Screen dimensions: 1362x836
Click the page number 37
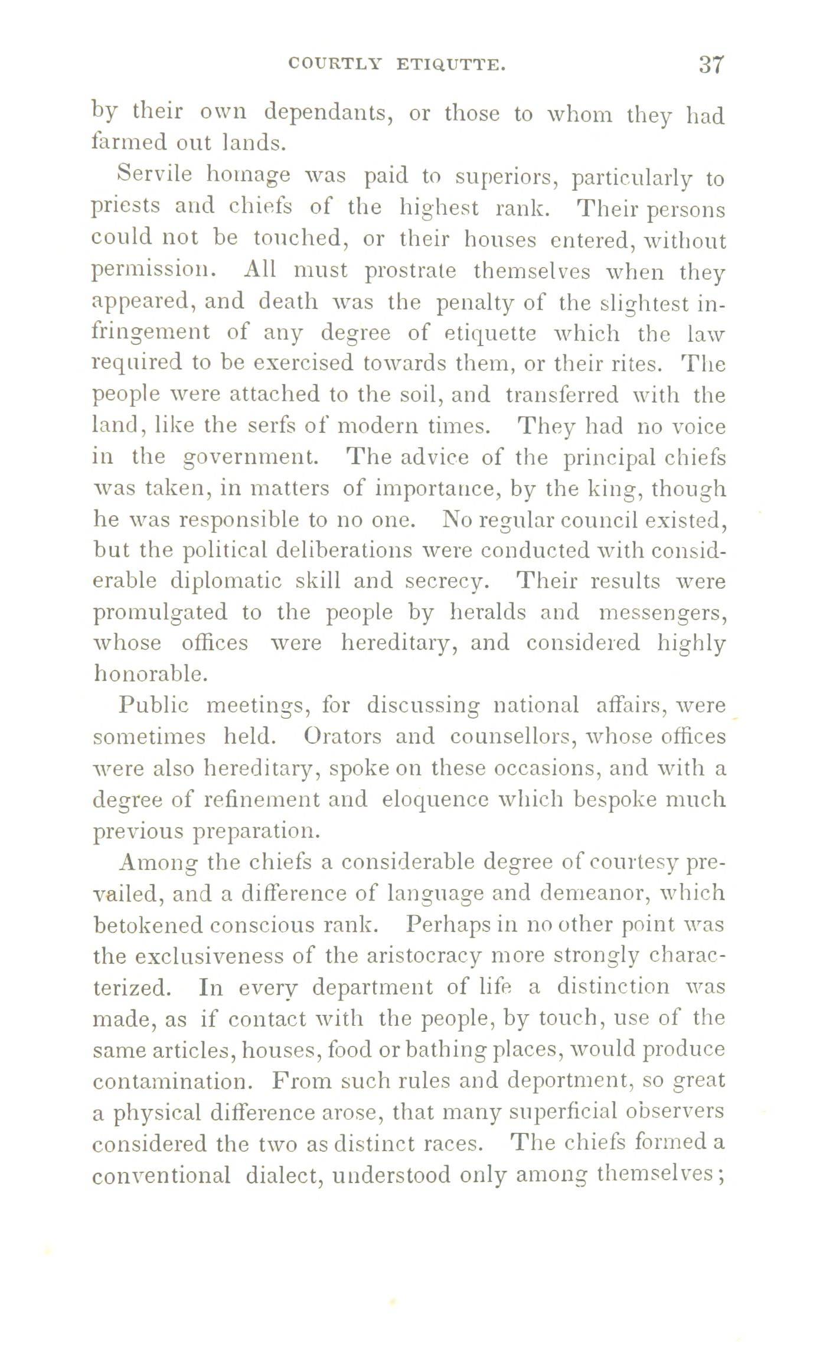tap(711, 64)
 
